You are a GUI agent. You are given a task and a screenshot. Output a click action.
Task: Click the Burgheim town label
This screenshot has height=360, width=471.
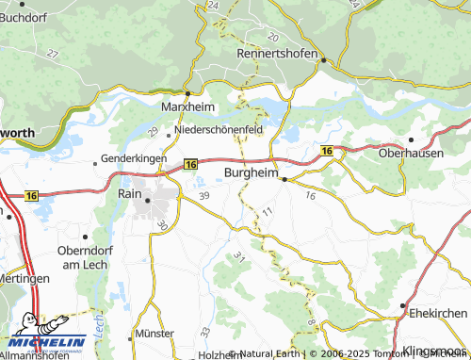251,172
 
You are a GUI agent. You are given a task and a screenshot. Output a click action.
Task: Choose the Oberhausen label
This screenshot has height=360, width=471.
411,153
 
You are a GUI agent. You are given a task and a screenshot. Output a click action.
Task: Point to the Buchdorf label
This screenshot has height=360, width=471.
25,16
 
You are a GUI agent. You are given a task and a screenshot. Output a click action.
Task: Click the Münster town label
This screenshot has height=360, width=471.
154,334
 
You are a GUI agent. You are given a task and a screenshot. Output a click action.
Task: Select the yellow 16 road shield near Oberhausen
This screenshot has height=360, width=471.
326,151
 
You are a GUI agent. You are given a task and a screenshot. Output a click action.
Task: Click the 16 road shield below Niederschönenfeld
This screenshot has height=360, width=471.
190,164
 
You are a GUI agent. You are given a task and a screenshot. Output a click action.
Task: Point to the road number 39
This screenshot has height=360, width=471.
205,195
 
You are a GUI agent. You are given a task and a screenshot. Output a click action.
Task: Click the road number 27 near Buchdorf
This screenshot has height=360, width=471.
52,54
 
